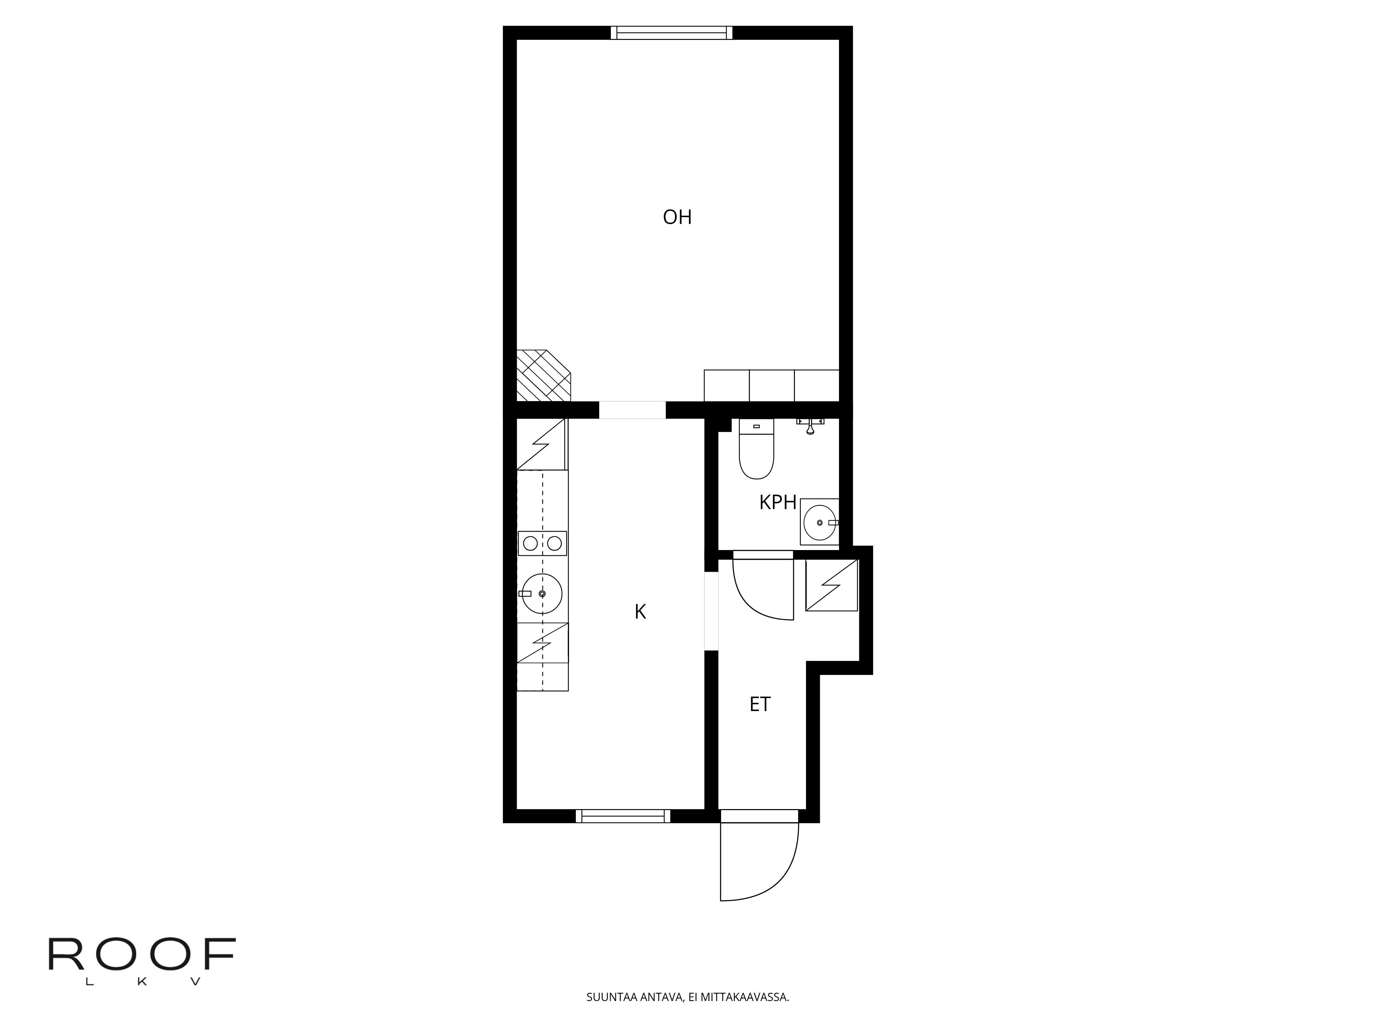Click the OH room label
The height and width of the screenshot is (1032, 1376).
[677, 217]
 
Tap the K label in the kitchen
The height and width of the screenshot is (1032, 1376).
[640, 612]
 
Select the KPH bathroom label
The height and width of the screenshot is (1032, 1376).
[777, 503]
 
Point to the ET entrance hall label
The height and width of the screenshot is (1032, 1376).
[760, 704]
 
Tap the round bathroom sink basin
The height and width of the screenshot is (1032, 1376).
[819, 523]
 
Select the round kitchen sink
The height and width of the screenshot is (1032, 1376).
[542, 594]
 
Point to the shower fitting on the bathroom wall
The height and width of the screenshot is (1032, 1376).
[810, 426]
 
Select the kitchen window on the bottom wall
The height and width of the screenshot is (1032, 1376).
[623, 816]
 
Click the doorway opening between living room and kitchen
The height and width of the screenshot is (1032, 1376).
[632, 410]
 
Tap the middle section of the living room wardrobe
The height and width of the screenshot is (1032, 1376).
[771, 386]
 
